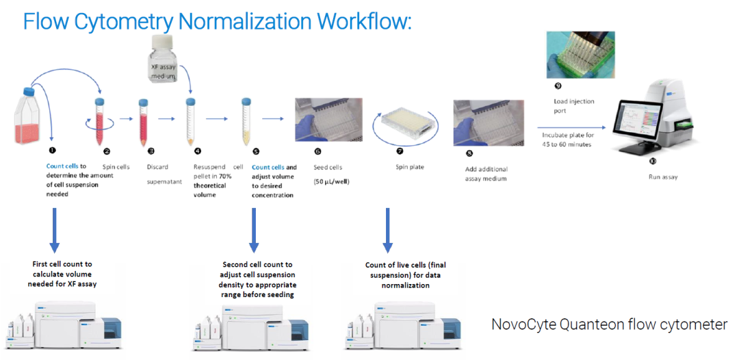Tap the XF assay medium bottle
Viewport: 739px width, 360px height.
(161, 65)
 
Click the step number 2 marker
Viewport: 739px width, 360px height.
(107, 151)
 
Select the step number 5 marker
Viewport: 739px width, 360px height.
(256, 151)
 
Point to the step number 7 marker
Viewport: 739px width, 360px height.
(400, 151)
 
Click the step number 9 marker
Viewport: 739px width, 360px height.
(558, 86)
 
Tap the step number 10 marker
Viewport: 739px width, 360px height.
(652, 161)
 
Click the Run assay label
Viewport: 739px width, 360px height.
(662, 177)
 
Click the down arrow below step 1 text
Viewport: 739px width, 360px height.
(55, 229)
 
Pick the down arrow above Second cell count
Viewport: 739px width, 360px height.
(254, 229)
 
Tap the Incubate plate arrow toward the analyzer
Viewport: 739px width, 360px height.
(570, 127)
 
